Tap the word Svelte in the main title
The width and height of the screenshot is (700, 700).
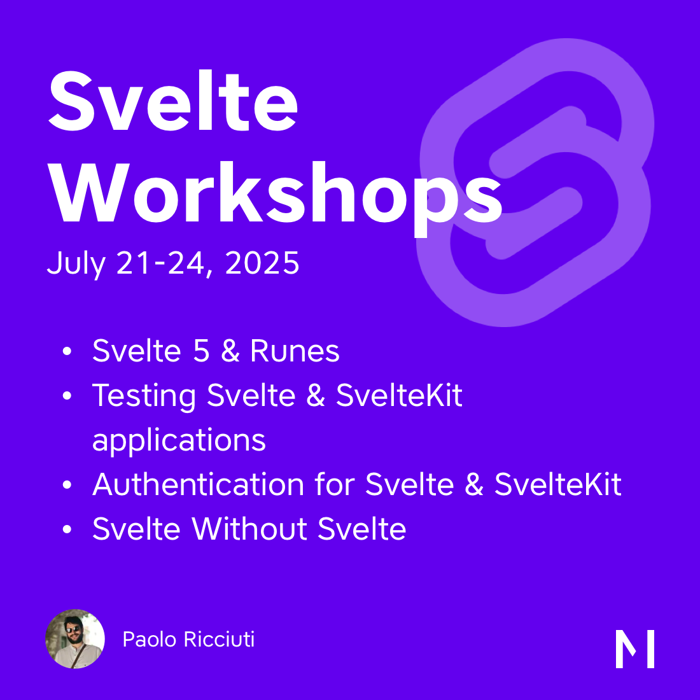(x=173, y=101)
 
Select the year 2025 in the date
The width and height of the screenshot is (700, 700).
(x=262, y=262)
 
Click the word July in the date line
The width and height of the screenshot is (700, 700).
(x=76, y=264)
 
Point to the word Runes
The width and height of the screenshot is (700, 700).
(x=295, y=351)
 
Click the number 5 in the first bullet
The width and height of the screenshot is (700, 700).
(x=201, y=351)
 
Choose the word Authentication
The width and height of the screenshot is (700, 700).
(x=198, y=484)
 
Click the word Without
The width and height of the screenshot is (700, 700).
(x=249, y=529)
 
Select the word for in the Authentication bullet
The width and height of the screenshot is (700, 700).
(x=334, y=484)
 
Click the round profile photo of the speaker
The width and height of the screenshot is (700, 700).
(x=75, y=639)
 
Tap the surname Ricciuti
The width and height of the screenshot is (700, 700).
(x=219, y=640)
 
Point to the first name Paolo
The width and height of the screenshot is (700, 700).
(x=150, y=640)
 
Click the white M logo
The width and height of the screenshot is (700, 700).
(x=635, y=649)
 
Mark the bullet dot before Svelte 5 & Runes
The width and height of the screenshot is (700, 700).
(x=67, y=351)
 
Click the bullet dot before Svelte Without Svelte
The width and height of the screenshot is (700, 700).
(x=67, y=529)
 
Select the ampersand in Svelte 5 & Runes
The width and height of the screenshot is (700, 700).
(x=230, y=351)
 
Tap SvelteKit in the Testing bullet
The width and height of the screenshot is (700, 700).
(x=399, y=395)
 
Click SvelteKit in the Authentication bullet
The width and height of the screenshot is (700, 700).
(x=558, y=484)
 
